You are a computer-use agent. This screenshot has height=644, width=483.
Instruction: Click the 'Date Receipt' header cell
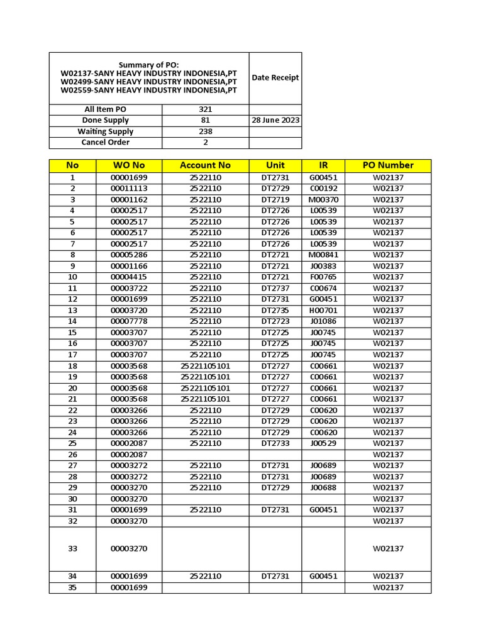tap(275, 78)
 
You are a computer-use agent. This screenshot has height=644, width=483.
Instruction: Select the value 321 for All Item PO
tap(206, 109)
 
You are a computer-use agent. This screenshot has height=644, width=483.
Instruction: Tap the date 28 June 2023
tap(275, 120)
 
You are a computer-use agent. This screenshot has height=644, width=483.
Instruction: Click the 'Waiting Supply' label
tap(106, 131)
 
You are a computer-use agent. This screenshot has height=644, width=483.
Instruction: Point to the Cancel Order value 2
tap(206, 142)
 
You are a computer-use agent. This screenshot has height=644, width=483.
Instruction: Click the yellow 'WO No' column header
tap(129, 165)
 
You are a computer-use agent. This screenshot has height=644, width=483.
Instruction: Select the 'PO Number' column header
tap(388, 165)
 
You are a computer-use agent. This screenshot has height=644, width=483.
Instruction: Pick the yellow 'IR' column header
tap(323, 165)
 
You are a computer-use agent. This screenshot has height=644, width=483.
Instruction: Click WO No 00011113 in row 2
tap(129, 189)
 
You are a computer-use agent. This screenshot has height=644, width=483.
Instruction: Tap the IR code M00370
tap(323, 199)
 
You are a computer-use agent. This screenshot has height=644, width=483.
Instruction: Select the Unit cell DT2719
tap(275, 199)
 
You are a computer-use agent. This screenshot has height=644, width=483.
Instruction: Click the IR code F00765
tap(323, 277)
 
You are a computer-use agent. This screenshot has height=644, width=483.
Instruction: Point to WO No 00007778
tap(129, 321)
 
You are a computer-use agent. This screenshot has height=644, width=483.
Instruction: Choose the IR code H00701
tap(323, 310)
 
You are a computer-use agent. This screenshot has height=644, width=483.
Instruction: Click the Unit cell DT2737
tap(275, 288)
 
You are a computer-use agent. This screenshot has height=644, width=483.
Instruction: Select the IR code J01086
tap(323, 321)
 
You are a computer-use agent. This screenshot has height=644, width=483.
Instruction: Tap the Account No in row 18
tap(206, 366)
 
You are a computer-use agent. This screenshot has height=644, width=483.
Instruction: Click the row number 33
tap(72, 548)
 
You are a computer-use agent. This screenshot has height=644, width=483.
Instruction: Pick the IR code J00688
tap(323, 487)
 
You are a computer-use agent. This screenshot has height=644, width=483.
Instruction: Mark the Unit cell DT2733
tap(275, 443)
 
